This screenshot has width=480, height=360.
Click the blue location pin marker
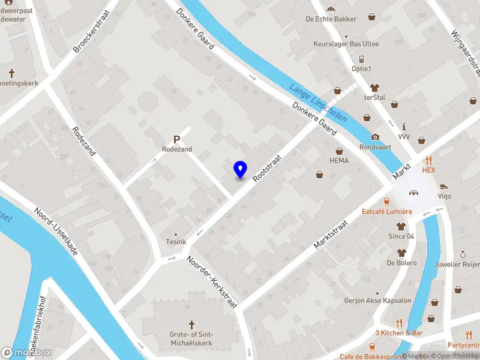point(240,170)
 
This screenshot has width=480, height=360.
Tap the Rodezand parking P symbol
point(177,138)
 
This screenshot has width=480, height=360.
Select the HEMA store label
point(339,161)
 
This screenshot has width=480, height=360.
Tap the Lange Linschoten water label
point(318,103)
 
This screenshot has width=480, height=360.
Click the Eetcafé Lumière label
point(386,212)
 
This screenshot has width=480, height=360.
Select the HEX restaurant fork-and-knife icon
point(428,160)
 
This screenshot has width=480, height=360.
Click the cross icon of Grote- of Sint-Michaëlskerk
point(192,324)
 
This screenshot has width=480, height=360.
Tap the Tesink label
point(176,242)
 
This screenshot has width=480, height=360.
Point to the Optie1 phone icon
point(361,59)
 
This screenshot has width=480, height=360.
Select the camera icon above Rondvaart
point(375,137)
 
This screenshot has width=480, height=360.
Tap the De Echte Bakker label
point(331,19)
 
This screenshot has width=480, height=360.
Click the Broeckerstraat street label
point(93,31)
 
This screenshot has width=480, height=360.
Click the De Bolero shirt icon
point(401,253)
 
